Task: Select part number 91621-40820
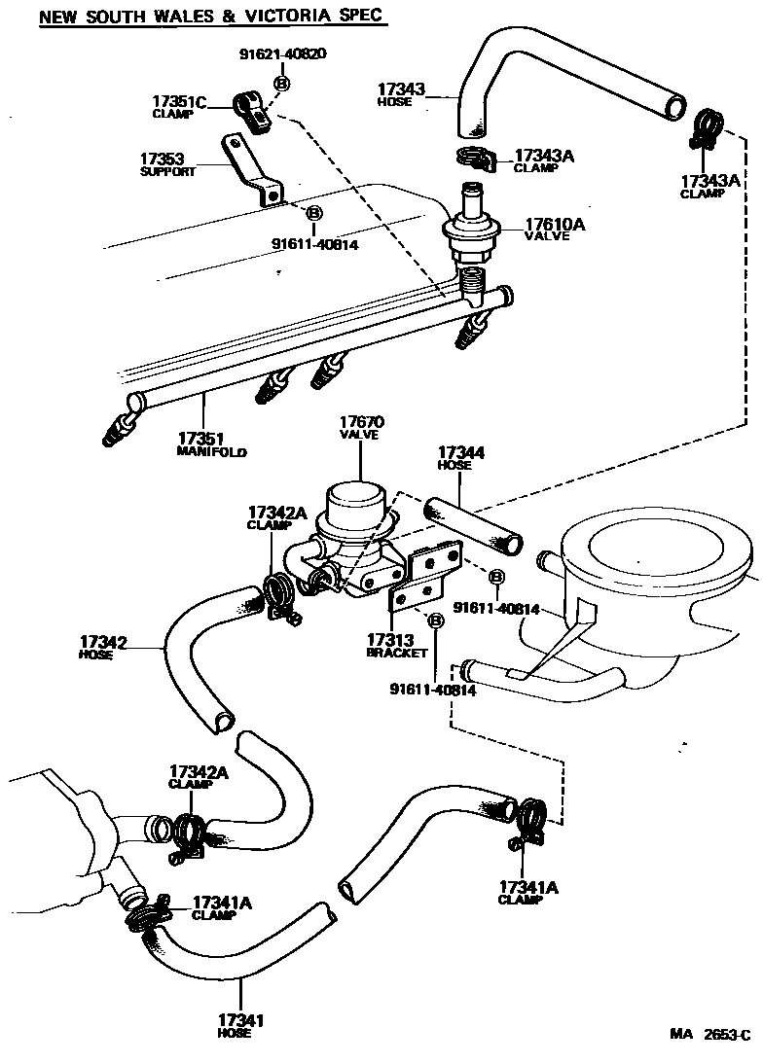pyautogui.click(x=282, y=53)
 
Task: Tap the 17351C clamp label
pyautogui.click(x=179, y=105)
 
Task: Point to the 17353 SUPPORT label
pyautogui.click(x=167, y=163)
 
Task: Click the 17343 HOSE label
pyautogui.click(x=401, y=94)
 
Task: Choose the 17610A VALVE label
pyautogui.click(x=556, y=230)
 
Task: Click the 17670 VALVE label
pyautogui.click(x=361, y=428)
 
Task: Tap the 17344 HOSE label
pyautogui.click(x=461, y=458)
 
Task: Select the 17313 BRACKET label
pyautogui.click(x=396, y=646)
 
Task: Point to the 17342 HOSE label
pyautogui.click(x=104, y=647)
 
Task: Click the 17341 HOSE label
pyautogui.click(x=240, y=1025)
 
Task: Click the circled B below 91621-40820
pyautogui.click(x=281, y=85)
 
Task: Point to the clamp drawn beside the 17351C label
pyautogui.click(x=255, y=113)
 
